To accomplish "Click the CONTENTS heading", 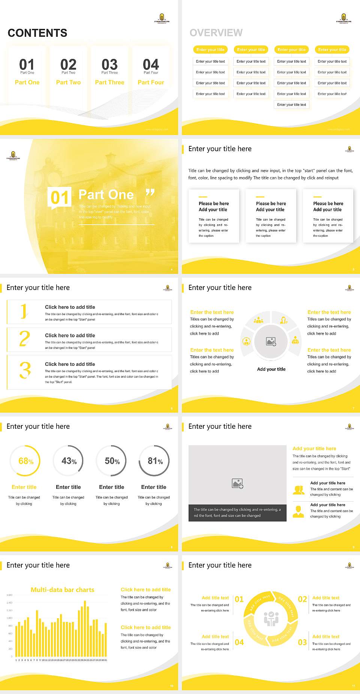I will point(37,33).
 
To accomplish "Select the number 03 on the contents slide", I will point(109,65).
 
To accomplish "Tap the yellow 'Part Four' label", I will point(151,83).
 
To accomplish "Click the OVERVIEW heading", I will point(216,33).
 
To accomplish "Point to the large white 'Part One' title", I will point(106,195).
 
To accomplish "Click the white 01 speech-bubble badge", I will point(59,197).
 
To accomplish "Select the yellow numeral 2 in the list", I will point(24,339).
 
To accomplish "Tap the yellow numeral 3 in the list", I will point(25,370).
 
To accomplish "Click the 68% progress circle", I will point(25,461).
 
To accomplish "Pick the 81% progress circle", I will point(154,461).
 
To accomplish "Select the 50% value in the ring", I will point(112,461).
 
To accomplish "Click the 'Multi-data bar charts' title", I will point(62,590).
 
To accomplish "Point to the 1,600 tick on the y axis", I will point(9,595).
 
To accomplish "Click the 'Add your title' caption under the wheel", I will point(271,369).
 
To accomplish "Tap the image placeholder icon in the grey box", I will point(237,484).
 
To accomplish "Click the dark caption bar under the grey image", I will point(237,513).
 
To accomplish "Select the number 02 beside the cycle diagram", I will point(302,599).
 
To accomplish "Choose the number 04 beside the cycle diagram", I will point(239,642).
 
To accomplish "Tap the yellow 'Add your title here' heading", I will point(314,449).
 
